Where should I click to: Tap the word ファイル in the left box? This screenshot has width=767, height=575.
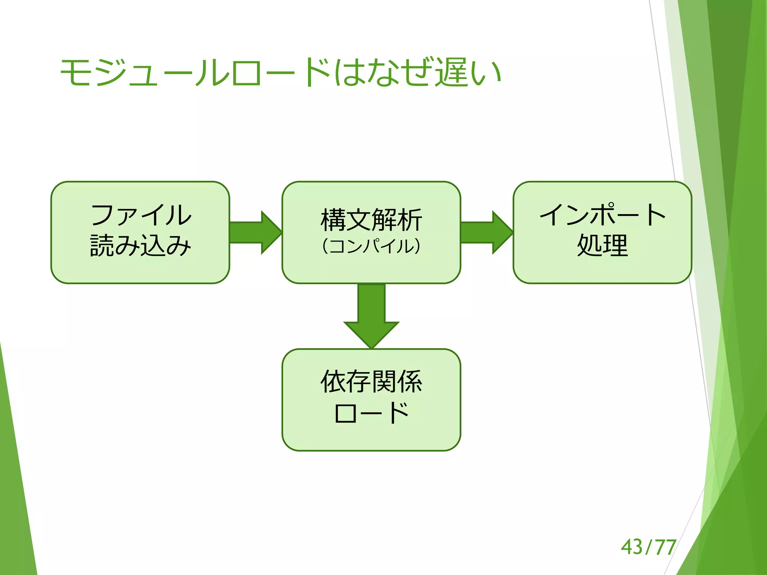tap(141, 215)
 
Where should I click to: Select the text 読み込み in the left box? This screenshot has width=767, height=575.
tap(141, 246)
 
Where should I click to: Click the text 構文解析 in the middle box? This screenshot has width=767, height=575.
tap(371, 220)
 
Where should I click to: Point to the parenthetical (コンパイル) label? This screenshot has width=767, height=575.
tap(371, 246)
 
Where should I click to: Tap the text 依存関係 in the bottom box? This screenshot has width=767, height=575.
tap(371, 381)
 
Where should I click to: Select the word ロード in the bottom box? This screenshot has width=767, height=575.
tap(371, 413)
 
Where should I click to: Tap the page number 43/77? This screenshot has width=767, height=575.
tap(648, 547)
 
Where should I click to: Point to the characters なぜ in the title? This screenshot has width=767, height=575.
tap(398, 72)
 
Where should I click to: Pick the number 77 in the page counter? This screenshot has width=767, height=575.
tap(666, 547)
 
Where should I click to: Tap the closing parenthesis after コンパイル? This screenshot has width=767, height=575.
tap(417, 246)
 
